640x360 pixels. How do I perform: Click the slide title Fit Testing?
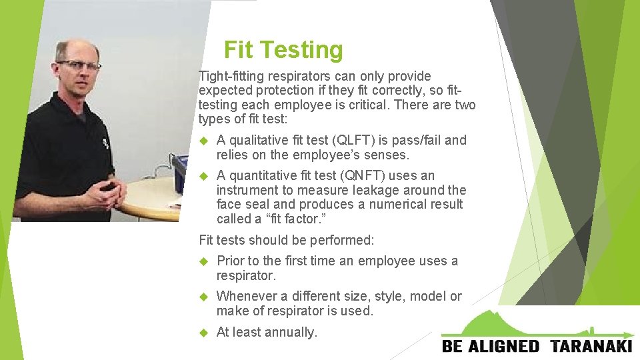pyautogui.click(x=283, y=50)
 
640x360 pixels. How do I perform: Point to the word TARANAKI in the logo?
pyautogui.click(x=591, y=346)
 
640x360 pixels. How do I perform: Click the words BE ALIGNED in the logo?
pyautogui.click(x=491, y=346)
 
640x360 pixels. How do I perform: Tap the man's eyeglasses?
pyautogui.click(x=78, y=65)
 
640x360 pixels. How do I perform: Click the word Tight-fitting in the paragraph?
pyautogui.click(x=227, y=77)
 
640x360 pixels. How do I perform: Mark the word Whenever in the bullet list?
pyautogui.click(x=243, y=297)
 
